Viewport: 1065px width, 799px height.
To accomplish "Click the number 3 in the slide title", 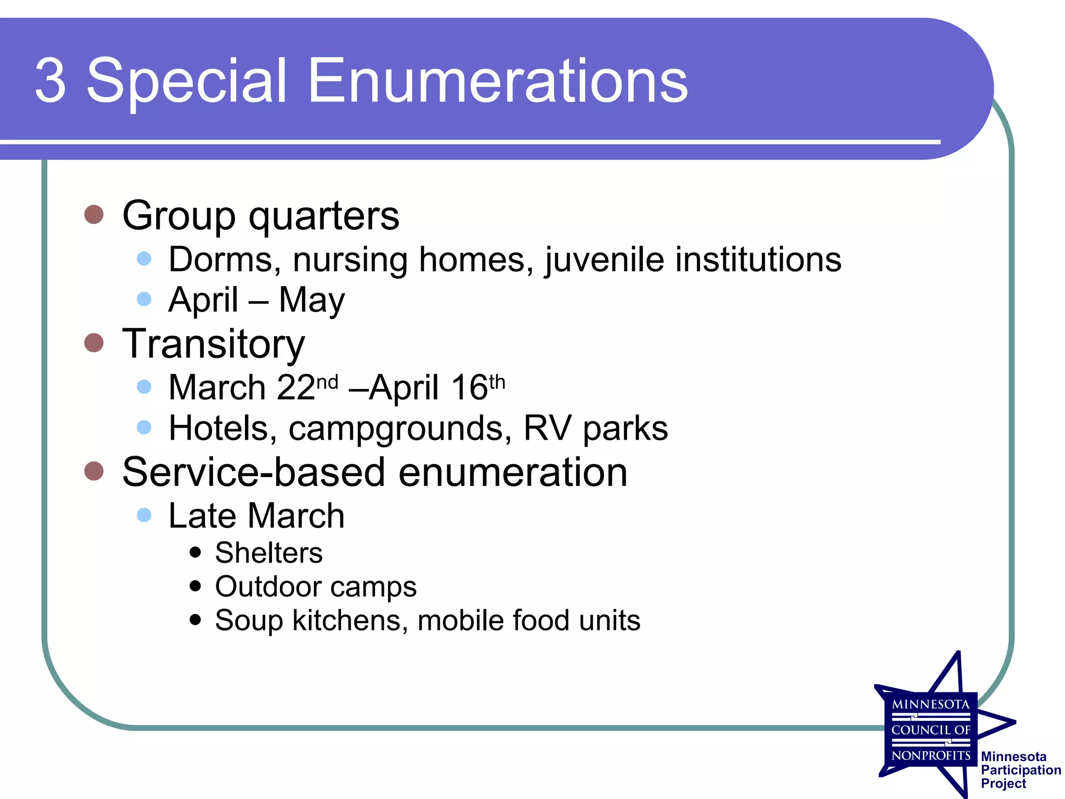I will tap(50, 81).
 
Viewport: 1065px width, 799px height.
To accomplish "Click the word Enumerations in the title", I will tap(498, 81).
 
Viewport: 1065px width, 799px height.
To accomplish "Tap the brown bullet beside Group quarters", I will tap(94, 214).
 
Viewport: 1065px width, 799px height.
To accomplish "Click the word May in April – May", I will tap(311, 300).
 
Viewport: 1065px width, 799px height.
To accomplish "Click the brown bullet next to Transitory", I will tap(94, 343).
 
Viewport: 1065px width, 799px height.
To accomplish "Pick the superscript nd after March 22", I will tap(327, 382).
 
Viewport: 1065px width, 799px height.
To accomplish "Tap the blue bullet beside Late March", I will tap(144, 515).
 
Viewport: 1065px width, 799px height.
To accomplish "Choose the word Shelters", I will tap(268, 552).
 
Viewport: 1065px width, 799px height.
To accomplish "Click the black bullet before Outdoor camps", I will tap(196, 586).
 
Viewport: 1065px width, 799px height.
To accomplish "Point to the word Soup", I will tap(249, 620).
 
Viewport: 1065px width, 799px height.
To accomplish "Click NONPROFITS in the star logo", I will tap(931, 755).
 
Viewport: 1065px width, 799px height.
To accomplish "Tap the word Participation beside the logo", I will tap(1021, 770).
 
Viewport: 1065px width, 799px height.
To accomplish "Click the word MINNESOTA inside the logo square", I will tap(931, 704).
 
